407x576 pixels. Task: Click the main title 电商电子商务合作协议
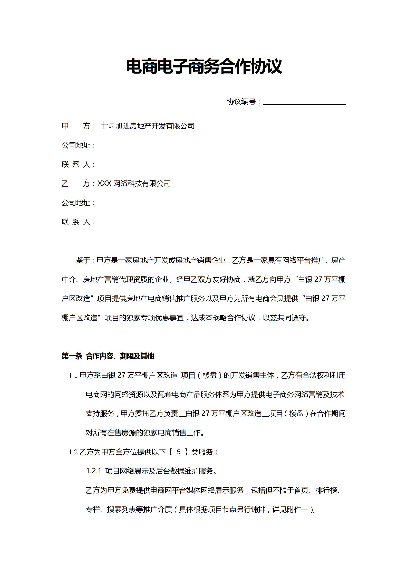(204, 66)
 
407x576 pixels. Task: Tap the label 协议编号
(241, 102)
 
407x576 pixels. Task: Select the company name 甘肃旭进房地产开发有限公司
(148, 126)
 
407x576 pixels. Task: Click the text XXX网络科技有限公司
(134, 184)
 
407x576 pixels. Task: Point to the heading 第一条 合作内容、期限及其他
(108, 356)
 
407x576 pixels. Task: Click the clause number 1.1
(73, 376)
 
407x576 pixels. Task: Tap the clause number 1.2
(73, 452)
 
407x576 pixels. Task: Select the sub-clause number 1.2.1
(94, 471)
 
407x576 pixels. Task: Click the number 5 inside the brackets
(179, 452)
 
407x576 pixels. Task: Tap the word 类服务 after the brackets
(202, 452)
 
